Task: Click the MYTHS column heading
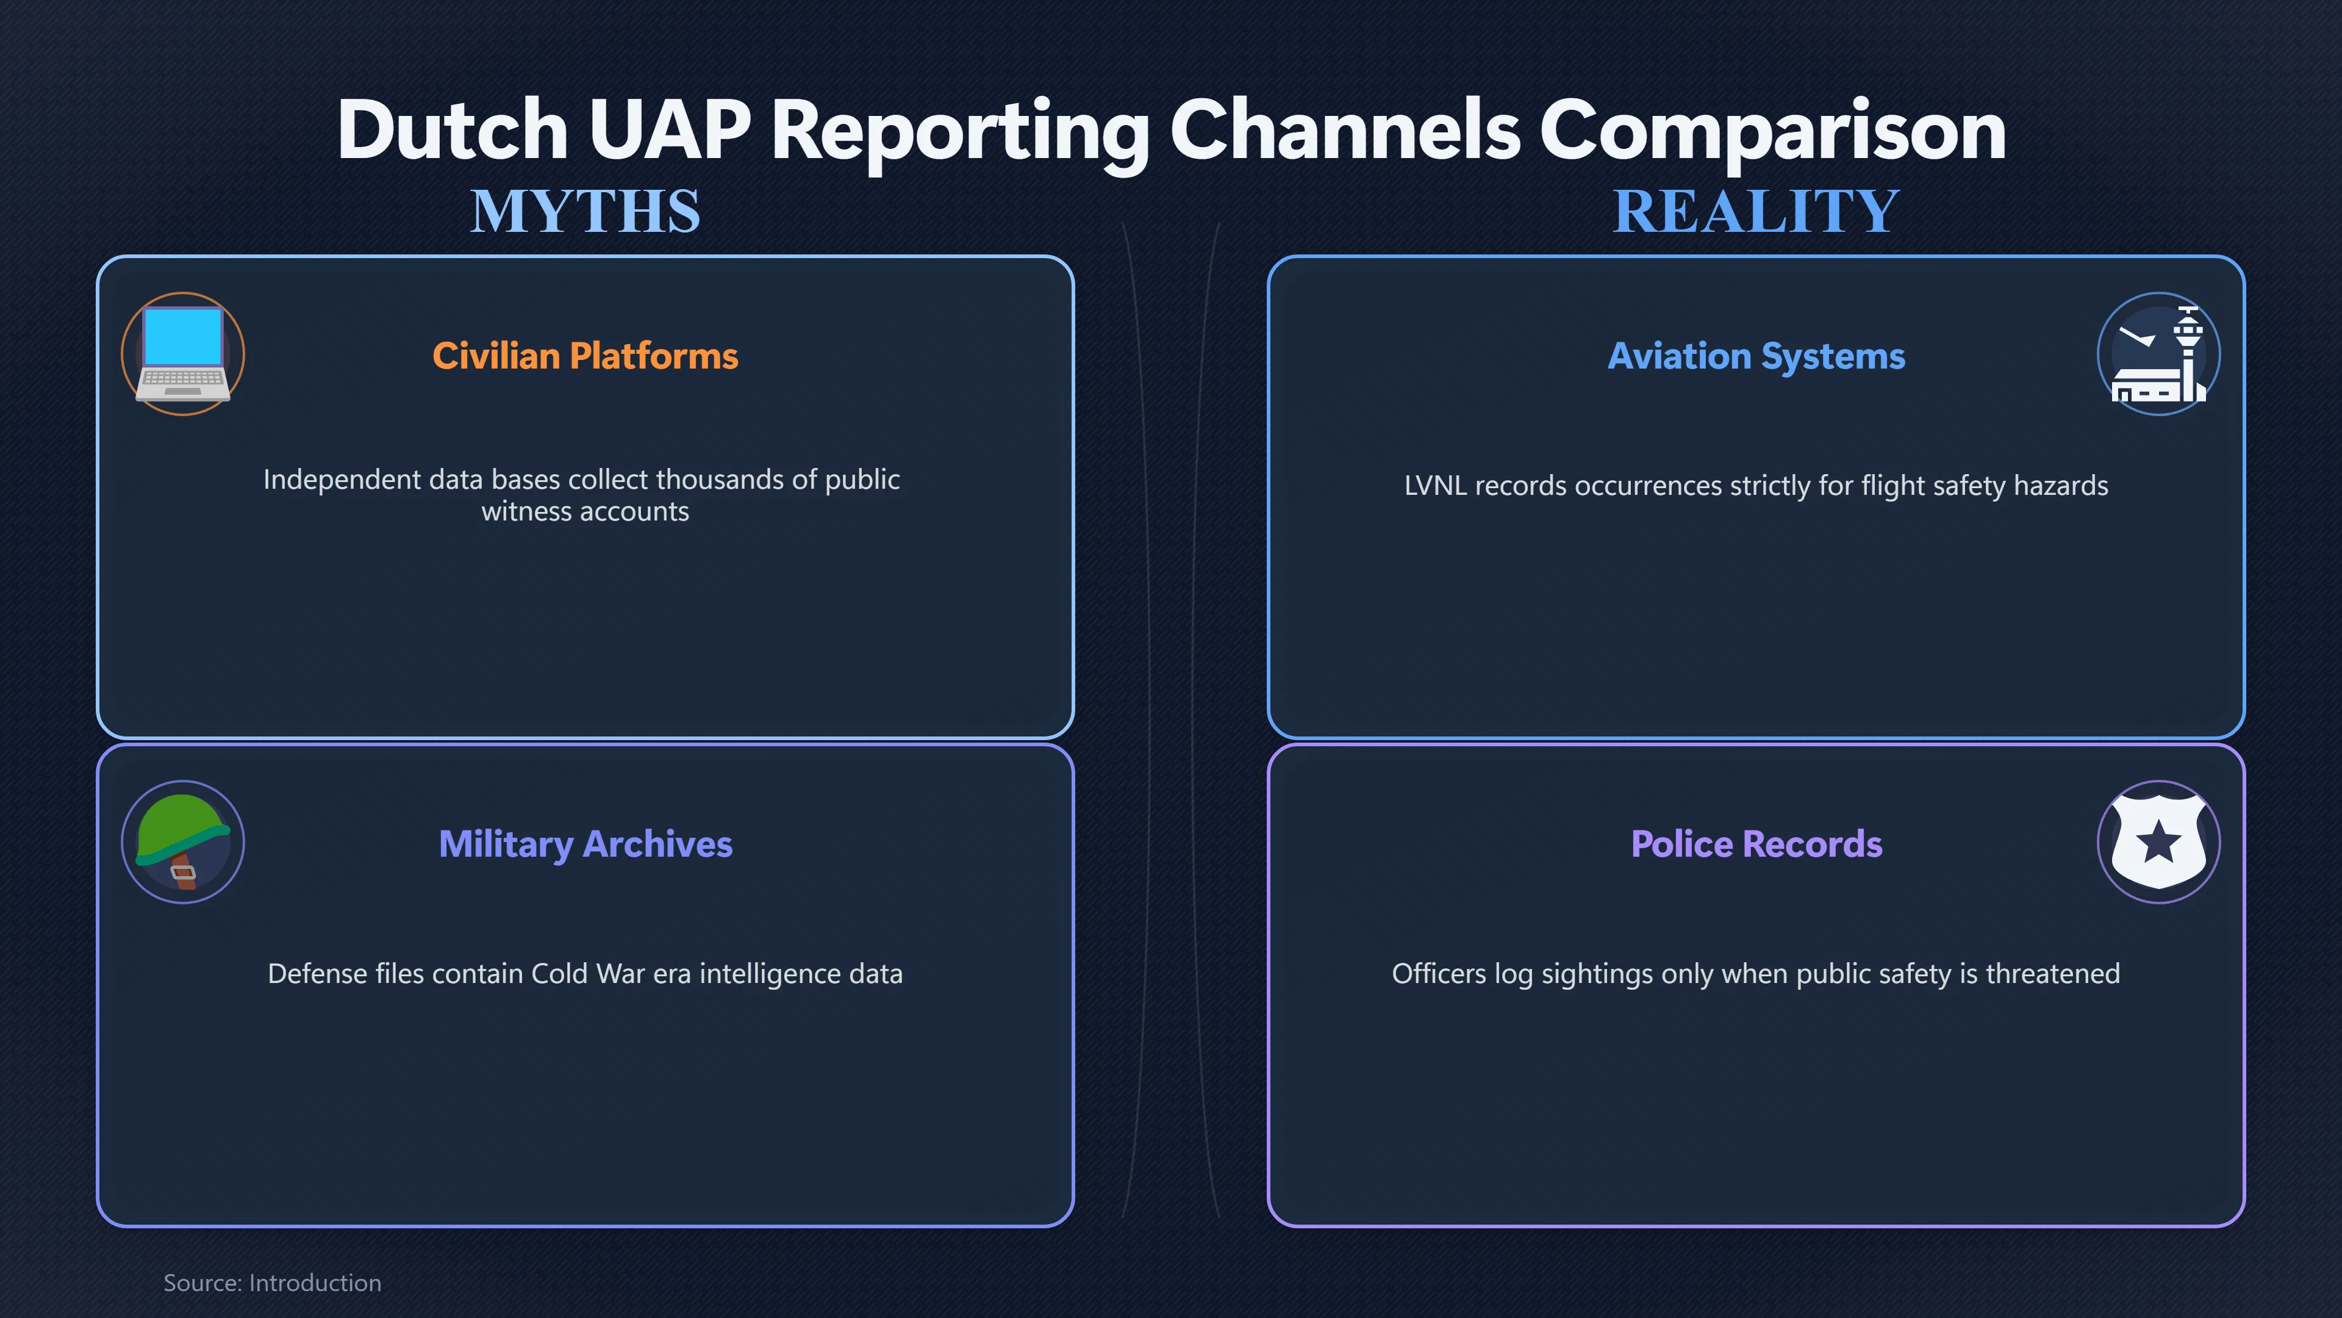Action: tap(585, 211)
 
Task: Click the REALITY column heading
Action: tap(1756, 211)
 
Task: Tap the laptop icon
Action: tap(183, 354)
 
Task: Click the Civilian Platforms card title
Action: tap(585, 356)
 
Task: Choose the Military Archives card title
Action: tap(585, 844)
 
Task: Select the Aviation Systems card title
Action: tap(1756, 356)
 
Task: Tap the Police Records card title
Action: tap(1756, 844)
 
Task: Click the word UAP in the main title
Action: tap(670, 130)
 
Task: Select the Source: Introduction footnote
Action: tap(273, 1283)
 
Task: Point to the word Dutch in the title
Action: tap(453, 130)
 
